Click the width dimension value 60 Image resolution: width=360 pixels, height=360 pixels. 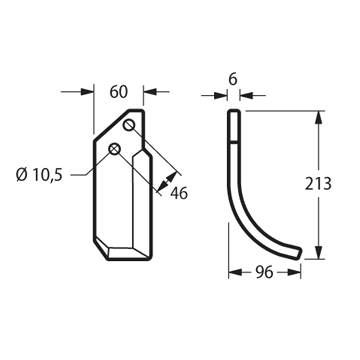tap(119, 92)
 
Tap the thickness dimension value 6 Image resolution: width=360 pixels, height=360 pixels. tap(233, 80)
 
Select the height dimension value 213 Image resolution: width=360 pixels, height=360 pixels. tap(318, 184)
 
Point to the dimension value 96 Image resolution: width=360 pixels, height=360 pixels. tap(264, 273)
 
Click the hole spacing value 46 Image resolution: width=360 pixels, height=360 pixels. tap(179, 193)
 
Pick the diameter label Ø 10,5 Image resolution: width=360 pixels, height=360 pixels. tap(39, 175)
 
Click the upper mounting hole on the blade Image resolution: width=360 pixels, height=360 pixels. tap(129, 126)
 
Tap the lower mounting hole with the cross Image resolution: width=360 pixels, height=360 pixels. tap(114, 149)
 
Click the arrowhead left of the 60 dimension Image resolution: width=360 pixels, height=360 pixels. tap(87, 92)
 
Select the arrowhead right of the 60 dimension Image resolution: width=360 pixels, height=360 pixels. tap(150, 92)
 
